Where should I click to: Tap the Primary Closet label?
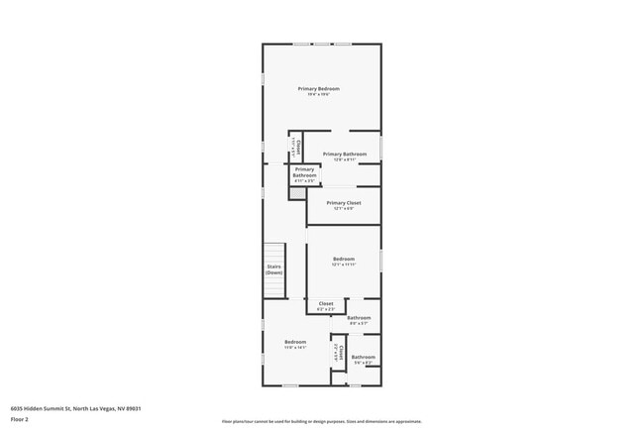[x=343, y=202]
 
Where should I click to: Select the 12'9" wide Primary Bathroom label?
[x=344, y=154]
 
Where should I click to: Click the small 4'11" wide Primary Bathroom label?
[x=304, y=173]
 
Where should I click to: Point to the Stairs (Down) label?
[x=274, y=269]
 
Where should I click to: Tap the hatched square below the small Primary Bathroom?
[x=296, y=193]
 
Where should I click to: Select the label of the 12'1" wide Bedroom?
[x=343, y=258]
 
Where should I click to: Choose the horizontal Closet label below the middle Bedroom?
[x=325, y=303]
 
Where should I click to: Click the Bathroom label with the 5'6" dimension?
[x=363, y=357]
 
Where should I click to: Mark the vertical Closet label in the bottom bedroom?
[x=338, y=352]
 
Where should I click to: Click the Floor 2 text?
[x=21, y=419]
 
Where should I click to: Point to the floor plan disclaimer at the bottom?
[x=321, y=422]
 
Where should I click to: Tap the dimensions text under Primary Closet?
[x=343, y=208]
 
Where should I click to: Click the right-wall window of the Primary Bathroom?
[x=380, y=147]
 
